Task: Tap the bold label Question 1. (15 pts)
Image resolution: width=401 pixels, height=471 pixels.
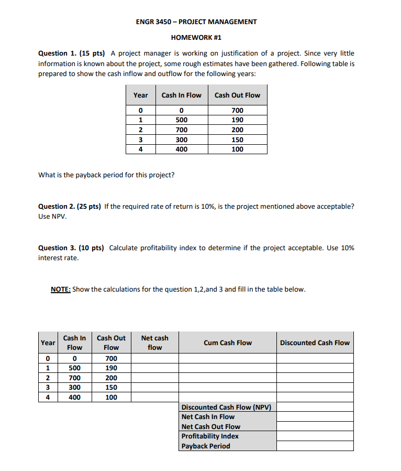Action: click(x=72, y=53)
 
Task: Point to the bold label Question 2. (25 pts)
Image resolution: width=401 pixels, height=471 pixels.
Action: click(x=72, y=206)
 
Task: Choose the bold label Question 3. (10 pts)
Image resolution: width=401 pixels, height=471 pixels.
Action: click(x=72, y=248)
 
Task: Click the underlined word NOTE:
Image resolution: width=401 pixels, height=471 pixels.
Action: click(x=61, y=289)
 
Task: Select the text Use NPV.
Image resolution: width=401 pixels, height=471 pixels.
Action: click(x=52, y=217)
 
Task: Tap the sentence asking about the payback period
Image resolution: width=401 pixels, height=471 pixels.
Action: click(x=106, y=175)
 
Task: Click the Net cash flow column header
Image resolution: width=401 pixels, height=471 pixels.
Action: click(x=155, y=342)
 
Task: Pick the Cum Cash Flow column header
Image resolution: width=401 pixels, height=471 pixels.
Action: click(x=228, y=342)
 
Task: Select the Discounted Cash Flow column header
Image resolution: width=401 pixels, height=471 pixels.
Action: click(x=315, y=342)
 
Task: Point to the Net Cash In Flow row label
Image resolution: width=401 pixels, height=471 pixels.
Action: click(x=208, y=417)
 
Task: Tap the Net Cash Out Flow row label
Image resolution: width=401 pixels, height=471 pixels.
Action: click(x=211, y=426)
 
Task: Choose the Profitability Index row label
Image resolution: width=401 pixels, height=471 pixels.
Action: click(x=210, y=436)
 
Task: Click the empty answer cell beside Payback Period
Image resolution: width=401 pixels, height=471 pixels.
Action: click(x=315, y=446)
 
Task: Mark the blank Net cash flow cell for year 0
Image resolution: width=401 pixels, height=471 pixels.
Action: click(x=155, y=359)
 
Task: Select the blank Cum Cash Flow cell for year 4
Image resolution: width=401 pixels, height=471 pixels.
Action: click(x=228, y=397)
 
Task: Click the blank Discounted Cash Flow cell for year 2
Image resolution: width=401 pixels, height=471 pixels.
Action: click(x=315, y=378)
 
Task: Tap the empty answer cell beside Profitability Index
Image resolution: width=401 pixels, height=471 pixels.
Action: click(x=315, y=436)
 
